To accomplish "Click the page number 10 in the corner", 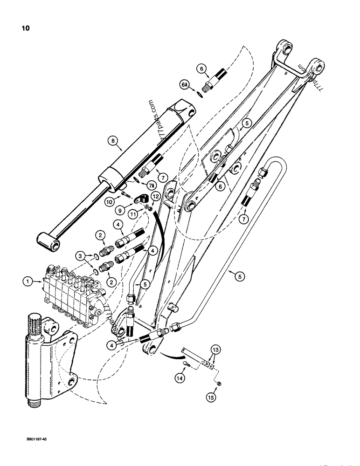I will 25,28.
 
